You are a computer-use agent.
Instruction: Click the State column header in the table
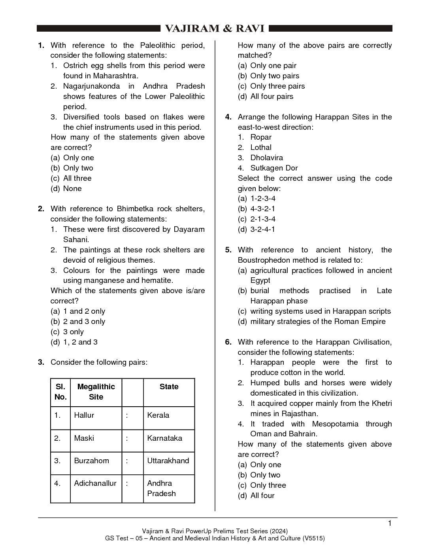[169, 386]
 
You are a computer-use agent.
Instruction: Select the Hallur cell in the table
[84, 415]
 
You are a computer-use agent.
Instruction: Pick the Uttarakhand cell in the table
[168, 460]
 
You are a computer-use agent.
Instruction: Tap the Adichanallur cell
[95, 483]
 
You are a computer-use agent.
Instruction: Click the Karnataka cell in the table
[164, 438]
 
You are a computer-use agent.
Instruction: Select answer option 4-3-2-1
[262, 208]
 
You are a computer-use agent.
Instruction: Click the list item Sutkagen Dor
[274, 168]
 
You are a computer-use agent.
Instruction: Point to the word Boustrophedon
[261, 260]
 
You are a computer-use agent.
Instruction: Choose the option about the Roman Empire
[318, 321]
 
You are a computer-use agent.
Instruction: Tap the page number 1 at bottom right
[390, 523]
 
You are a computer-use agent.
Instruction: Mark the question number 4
[228, 117]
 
